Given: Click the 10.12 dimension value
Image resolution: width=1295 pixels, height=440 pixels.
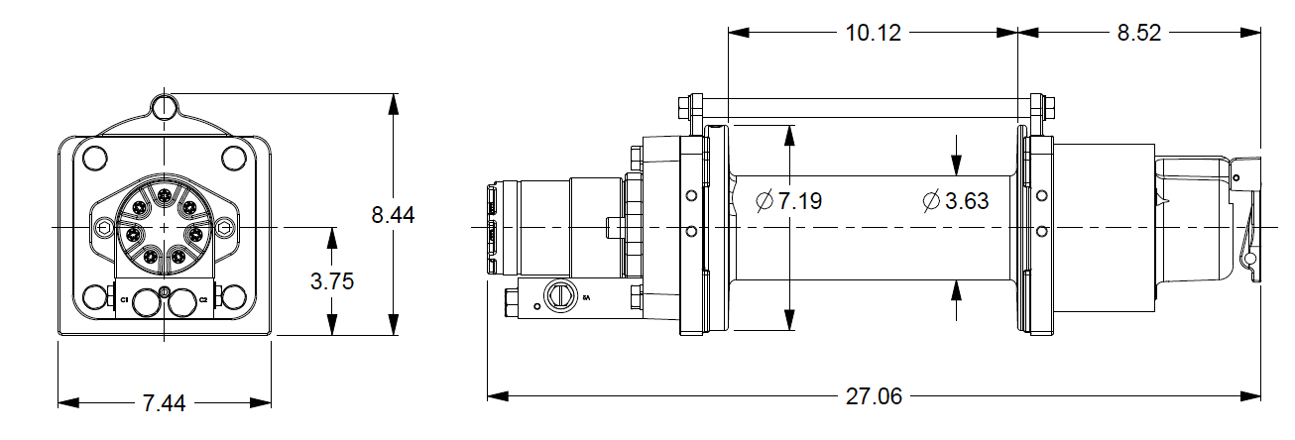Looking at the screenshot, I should point(874,33).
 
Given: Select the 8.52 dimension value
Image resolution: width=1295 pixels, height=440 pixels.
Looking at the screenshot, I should point(1139,33).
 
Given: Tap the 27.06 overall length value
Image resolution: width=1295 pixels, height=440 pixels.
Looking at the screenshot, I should point(874,397).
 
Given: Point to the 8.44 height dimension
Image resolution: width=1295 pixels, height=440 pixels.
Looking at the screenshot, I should point(394,215).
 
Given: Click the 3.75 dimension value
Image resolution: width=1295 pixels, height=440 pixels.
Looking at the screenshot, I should point(332,281).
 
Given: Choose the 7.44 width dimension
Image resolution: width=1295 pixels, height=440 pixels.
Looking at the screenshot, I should point(165,403).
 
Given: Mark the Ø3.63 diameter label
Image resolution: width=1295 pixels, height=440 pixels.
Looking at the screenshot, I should point(955,201).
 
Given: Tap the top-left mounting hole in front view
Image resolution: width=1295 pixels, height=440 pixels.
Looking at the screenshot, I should point(95,158).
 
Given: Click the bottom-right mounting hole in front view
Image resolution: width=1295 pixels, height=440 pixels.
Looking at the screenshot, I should point(235,297).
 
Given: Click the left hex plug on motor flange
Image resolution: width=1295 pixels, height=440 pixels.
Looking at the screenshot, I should point(105,229).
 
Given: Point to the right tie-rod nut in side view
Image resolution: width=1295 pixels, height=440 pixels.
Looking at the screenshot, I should point(1043,105).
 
